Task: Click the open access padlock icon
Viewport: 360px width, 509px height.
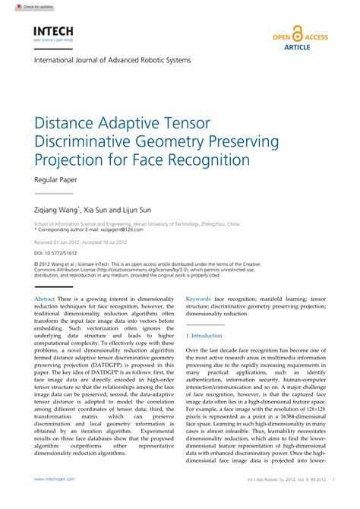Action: (298, 35)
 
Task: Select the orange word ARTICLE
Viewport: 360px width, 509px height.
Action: (298, 46)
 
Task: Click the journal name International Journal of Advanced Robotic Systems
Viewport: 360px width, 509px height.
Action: (112, 60)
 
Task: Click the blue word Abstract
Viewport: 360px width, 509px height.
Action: (45, 299)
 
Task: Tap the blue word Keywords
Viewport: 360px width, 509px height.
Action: (198, 299)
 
